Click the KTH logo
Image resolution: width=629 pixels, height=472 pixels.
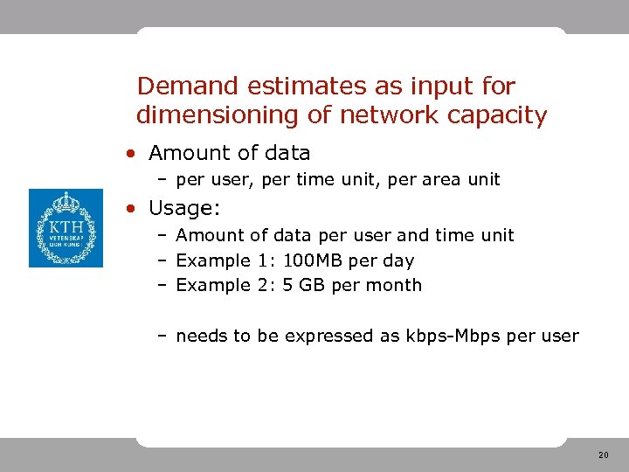tap(66, 228)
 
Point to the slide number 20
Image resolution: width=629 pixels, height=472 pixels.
tap(604, 455)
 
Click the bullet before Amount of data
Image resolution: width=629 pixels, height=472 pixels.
tap(129, 154)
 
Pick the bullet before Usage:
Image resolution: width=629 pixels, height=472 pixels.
tap(129, 209)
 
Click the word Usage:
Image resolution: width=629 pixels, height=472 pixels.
tap(184, 209)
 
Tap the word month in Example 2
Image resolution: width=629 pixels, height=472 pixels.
tap(396, 285)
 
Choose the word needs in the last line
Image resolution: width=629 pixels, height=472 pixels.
tap(202, 336)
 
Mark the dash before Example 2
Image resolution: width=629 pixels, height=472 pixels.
tap(163, 285)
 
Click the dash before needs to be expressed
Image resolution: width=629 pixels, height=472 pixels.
tap(163, 336)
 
